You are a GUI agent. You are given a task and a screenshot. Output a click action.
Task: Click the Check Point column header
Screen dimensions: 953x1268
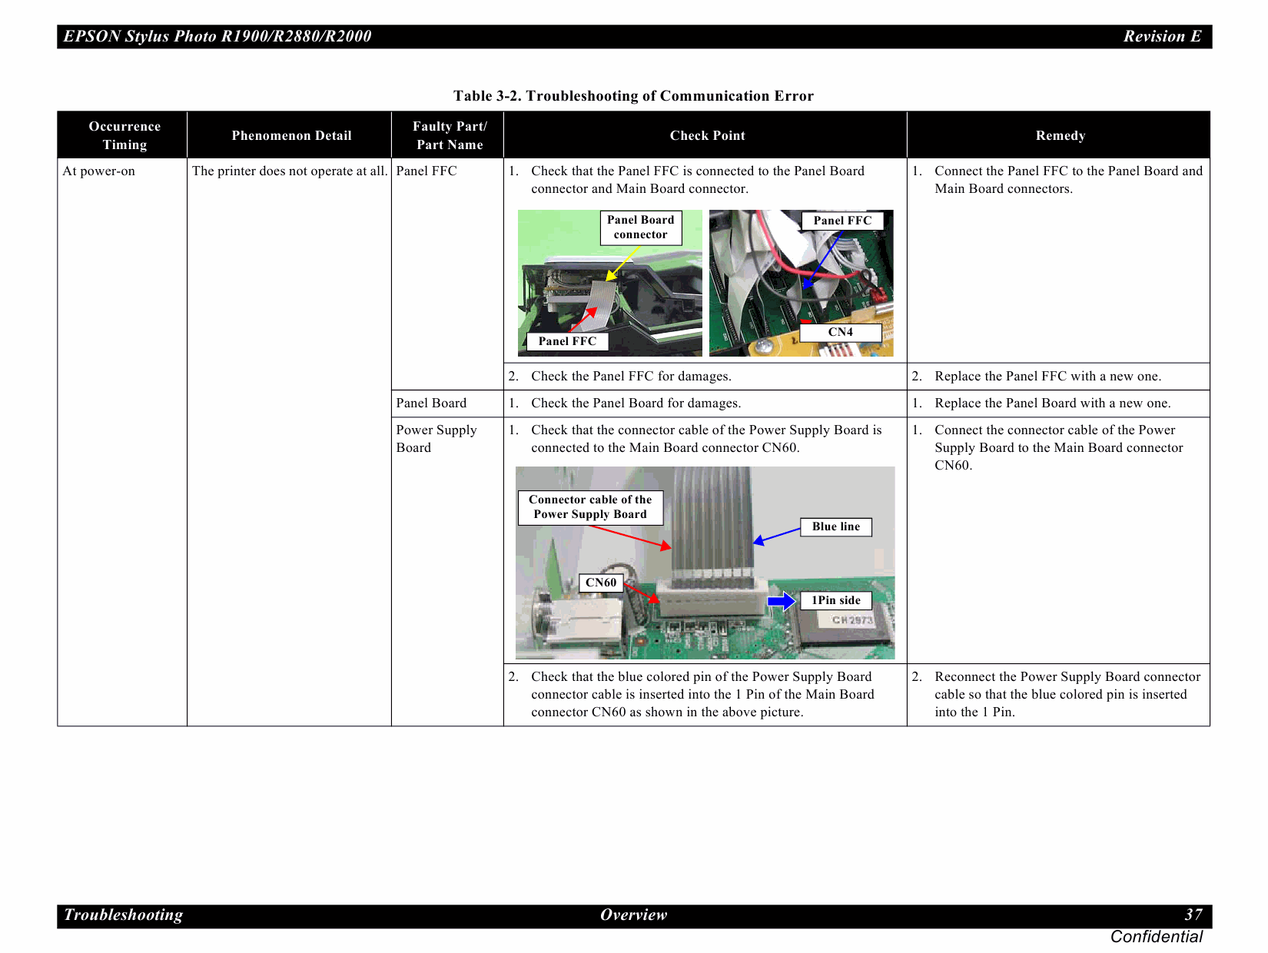[x=707, y=135]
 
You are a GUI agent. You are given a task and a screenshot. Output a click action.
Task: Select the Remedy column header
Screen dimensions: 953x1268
[x=1060, y=135]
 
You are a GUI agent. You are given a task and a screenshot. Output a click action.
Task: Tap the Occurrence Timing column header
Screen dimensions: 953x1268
[x=124, y=135]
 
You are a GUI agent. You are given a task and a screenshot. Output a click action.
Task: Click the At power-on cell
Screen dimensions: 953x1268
[x=99, y=171]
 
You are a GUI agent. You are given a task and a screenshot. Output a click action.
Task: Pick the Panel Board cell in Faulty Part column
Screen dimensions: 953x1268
[x=431, y=403]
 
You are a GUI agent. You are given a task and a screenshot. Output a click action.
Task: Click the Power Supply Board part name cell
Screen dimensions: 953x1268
[x=436, y=439]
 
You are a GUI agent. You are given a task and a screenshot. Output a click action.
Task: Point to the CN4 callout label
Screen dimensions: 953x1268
[x=840, y=332]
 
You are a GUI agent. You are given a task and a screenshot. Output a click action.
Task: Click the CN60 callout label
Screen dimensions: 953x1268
[x=600, y=583]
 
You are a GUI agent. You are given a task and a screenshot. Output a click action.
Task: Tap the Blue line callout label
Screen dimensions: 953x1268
[x=835, y=526]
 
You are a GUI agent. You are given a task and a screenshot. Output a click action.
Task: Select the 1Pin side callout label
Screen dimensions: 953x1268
[x=835, y=600]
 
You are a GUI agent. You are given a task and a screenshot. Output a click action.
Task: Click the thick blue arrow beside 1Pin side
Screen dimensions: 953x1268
[x=782, y=600]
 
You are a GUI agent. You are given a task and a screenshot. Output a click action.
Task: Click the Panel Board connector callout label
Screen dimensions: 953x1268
[x=640, y=227]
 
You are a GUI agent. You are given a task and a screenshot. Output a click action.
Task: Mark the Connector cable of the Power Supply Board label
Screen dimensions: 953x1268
[x=589, y=507]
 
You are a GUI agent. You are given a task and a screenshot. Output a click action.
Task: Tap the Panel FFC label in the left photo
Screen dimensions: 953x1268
[x=567, y=341]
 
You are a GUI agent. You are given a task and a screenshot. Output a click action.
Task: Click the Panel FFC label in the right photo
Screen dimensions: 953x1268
[x=842, y=221]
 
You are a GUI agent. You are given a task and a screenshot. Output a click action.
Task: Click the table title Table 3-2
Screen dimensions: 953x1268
[x=633, y=96]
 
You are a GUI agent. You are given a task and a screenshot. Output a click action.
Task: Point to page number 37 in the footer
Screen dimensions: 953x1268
[x=1193, y=915]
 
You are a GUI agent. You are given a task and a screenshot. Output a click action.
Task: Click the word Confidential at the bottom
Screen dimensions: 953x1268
[x=1156, y=937]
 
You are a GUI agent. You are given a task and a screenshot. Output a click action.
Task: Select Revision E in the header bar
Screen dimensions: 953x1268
[x=1161, y=36]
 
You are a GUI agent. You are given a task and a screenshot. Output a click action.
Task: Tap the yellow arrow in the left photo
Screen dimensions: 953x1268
[x=622, y=263]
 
